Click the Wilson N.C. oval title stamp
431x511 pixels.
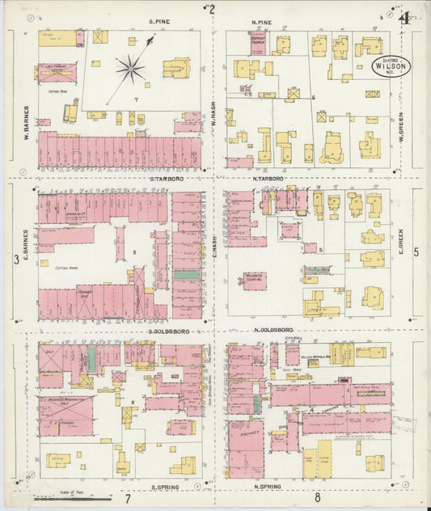coord(391,65)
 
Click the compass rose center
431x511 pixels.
coord(129,68)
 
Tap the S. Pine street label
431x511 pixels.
coord(159,22)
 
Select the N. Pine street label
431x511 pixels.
coord(260,22)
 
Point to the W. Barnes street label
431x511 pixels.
coord(26,121)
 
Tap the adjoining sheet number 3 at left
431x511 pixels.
coord(16,259)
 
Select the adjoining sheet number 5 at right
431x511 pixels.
coord(416,252)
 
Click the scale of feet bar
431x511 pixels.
coord(61,499)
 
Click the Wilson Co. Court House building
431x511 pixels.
coord(256,279)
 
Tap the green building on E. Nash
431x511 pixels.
coord(188,275)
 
